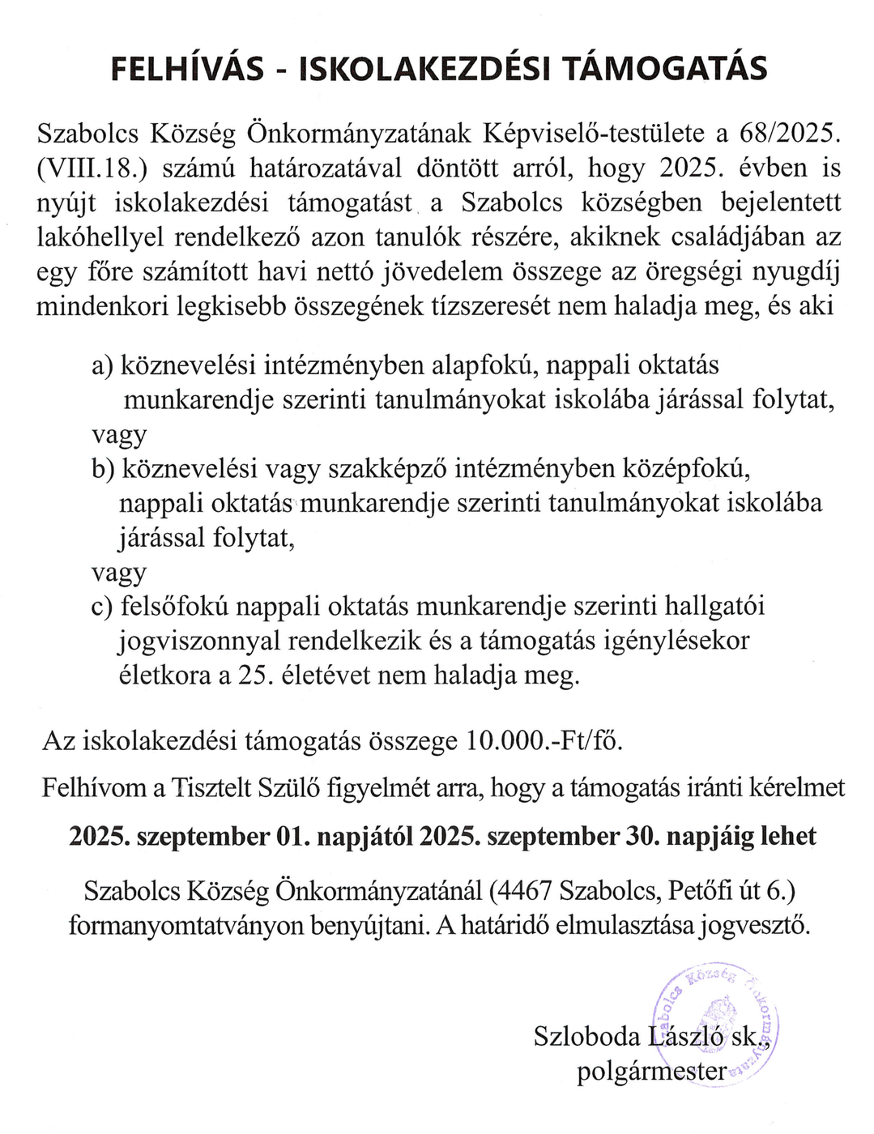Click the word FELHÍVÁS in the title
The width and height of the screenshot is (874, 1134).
(187, 70)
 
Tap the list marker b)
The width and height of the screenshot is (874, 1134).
(104, 469)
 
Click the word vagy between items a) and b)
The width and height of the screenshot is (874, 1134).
(119, 435)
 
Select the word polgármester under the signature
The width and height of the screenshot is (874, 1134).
(652, 1072)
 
